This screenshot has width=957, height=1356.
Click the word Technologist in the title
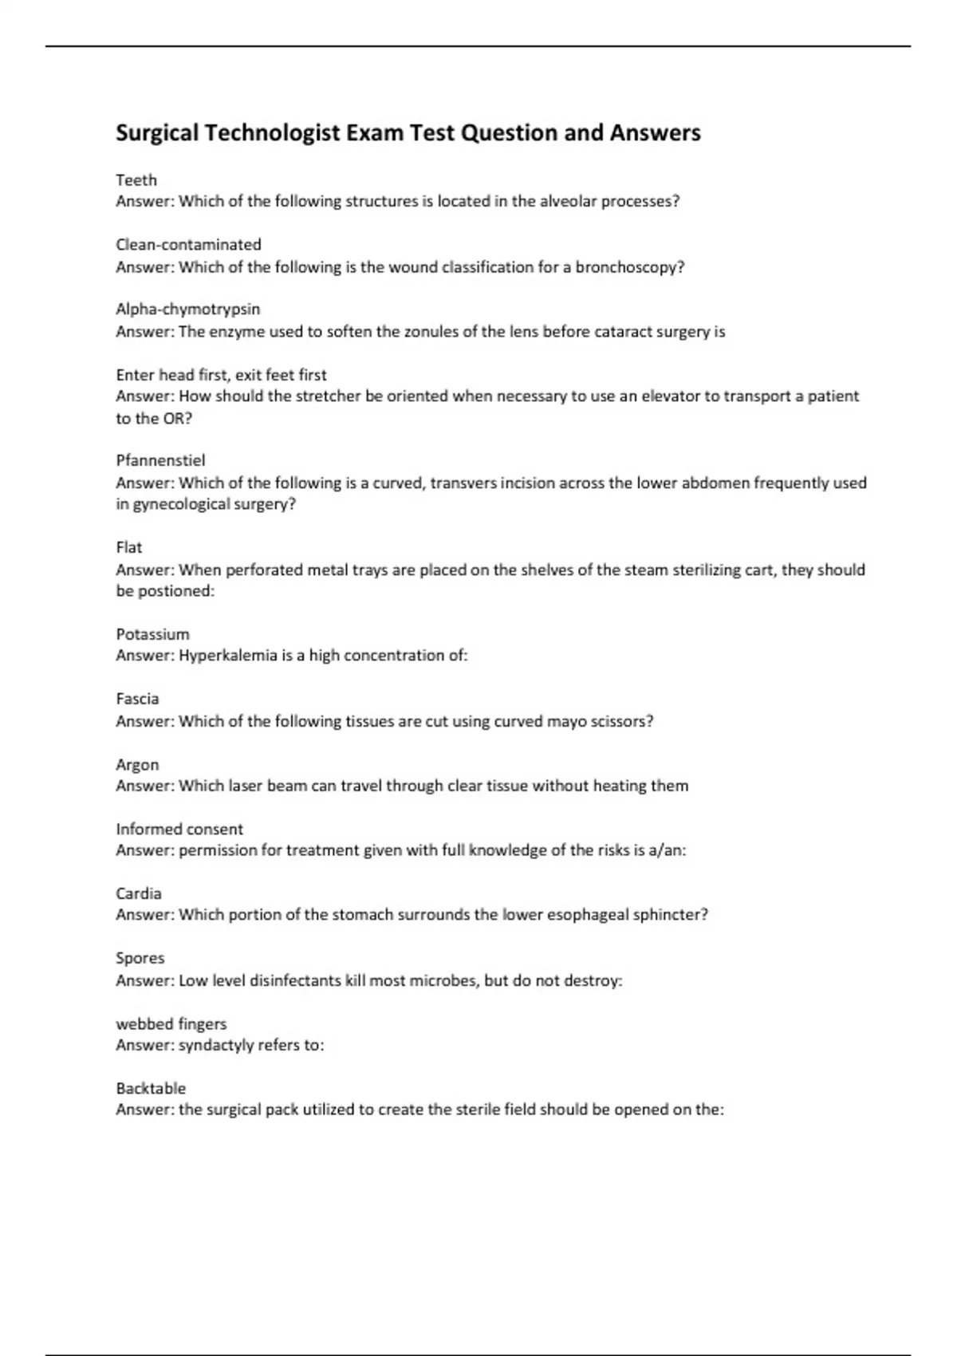click(x=272, y=132)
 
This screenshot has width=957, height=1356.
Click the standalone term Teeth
click(x=136, y=180)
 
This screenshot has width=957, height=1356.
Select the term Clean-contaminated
click(x=188, y=244)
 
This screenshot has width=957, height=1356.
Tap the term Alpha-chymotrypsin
click(x=188, y=309)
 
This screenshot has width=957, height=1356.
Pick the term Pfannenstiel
click(x=160, y=460)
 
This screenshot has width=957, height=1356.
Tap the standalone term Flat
click(x=128, y=547)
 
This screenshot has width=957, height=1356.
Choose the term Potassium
click(x=152, y=634)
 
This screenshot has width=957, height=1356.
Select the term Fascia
click(x=137, y=699)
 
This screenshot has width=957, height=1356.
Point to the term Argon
click(x=137, y=764)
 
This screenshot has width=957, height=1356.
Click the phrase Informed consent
click(x=179, y=829)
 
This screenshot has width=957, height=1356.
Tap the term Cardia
click(x=139, y=893)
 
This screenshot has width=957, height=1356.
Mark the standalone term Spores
click(x=140, y=958)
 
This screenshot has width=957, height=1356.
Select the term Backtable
click(x=151, y=1088)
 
